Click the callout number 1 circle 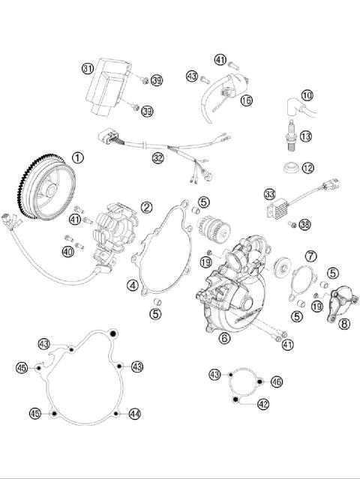pyautogui.click(x=79, y=157)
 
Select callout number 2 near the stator pyautogui.click(x=147, y=207)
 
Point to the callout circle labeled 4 pyautogui.click(x=132, y=285)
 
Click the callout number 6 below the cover pyautogui.click(x=224, y=338)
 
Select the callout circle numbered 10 pyautogui.click(x=307, y=95)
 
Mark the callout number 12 pyautogui.click(x=307, y=167)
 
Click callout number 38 pyautogui.click(x=304, y=224)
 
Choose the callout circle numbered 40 pyautogui.click(x=68, y=252)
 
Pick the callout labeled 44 pyautogui.click(x=134, y=414)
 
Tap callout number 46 pyautogui.click(x=277, y=382)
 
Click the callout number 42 pyautogui.click(x=262, y=404)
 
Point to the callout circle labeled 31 pyautogui.click(x=88, y=69)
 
